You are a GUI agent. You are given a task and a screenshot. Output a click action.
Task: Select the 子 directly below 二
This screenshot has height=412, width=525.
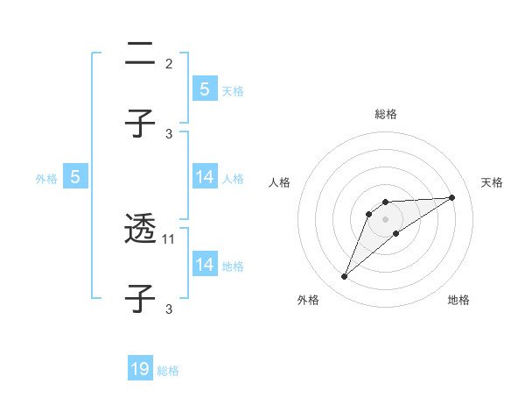[140, 124]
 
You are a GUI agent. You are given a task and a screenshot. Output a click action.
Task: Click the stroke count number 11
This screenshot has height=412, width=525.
[170, 238]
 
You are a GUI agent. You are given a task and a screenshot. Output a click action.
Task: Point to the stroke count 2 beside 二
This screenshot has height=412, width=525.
[169, 64]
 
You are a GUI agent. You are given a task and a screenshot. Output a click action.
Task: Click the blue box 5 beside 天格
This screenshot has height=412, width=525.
[204, 89]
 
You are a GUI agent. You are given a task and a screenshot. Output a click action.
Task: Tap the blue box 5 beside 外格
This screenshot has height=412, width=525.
[75, 177]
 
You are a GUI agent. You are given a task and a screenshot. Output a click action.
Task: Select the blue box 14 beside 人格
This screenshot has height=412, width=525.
[204, 177]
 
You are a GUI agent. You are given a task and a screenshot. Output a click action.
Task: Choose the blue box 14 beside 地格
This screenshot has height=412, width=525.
[204, 264]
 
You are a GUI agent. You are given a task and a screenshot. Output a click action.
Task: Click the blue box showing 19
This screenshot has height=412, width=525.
[140, 369]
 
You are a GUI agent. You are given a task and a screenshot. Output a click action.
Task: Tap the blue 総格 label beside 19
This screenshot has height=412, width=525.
[168, 371]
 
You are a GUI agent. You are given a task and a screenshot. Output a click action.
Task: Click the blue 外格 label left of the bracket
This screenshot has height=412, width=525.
[46, 179]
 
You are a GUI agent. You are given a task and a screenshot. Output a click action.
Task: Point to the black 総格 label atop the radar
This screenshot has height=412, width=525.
[386, 114]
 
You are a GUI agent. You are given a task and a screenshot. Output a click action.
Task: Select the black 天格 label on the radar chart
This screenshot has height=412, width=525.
[493, 182]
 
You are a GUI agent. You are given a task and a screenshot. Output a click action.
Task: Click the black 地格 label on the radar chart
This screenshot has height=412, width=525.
[458, 300]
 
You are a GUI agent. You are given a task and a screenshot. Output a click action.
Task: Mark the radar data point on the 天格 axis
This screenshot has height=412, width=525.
[452, 197]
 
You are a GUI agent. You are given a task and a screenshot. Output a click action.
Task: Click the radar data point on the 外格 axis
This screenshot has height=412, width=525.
[345, 277]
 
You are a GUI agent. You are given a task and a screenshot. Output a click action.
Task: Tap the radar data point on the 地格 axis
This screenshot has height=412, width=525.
[396, 233]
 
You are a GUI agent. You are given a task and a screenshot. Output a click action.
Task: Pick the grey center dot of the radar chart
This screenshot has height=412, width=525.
[386, 218]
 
